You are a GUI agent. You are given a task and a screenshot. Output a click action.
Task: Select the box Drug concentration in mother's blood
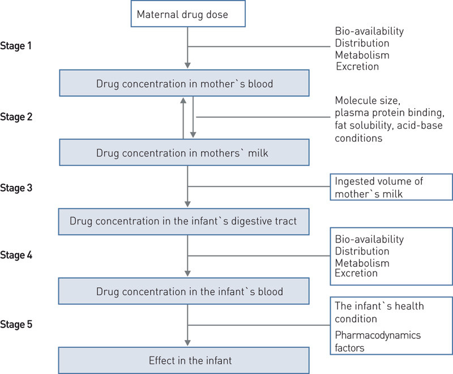184,84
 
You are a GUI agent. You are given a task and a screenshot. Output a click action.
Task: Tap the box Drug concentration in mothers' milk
184,153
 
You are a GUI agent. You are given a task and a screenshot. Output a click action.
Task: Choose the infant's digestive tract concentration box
184,222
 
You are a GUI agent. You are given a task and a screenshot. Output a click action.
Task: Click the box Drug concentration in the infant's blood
184,291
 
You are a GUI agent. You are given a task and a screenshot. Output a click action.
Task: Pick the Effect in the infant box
184,359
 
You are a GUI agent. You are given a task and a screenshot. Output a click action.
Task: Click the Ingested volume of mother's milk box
391,188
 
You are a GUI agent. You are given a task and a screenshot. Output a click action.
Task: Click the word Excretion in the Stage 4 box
356,274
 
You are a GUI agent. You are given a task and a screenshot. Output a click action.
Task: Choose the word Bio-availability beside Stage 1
369,31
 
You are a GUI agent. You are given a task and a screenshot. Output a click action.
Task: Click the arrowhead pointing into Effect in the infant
187,342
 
